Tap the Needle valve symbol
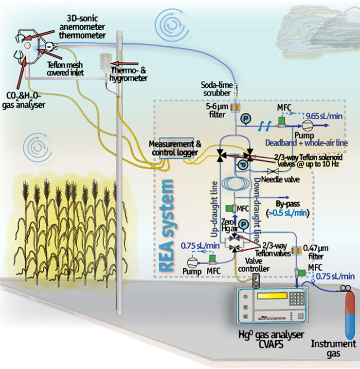[273, 171]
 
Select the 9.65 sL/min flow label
[324, 116]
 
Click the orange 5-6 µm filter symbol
[235, 108]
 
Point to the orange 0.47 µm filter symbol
[296, 251]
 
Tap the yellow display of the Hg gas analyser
[272, 296]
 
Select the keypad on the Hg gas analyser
[297, 298]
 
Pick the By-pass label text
[288, 204]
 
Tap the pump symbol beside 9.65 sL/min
[306, 126]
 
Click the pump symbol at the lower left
[192, 263]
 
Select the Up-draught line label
[214, 209]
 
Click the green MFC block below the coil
[229, 208]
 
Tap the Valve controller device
[256, 281]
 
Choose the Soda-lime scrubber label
[217, 89]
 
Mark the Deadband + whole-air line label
[306, 143]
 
